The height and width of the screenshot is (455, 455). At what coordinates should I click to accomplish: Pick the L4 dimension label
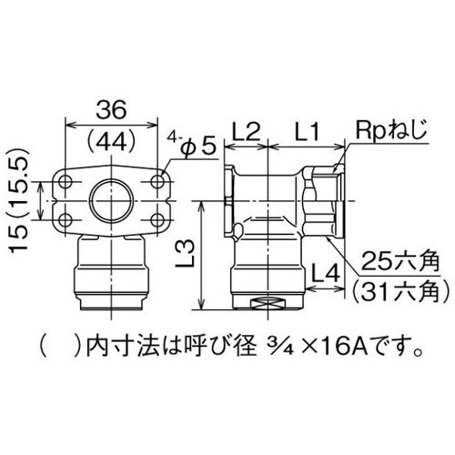click(x=323, y=271)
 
